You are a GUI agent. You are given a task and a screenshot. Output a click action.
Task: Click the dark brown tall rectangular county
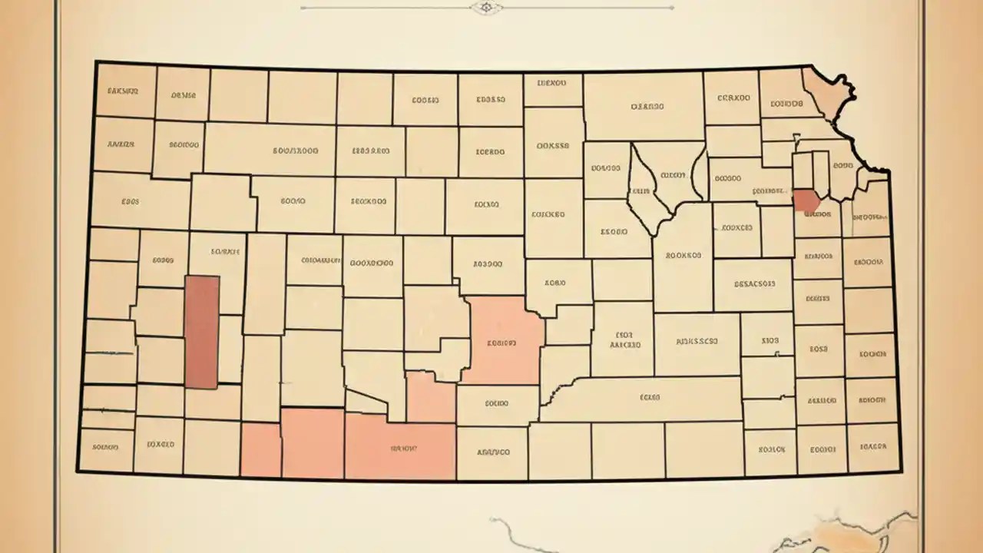(202, 332)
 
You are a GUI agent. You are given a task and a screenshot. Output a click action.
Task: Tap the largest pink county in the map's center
(503, 339)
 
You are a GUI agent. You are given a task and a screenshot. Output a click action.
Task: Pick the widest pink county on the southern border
(401, 450)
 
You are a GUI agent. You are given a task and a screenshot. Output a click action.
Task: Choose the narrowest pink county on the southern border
(261, 450)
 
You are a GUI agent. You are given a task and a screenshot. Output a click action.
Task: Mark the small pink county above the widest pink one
(430, 397)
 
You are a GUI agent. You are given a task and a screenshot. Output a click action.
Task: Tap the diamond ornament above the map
(485, 8)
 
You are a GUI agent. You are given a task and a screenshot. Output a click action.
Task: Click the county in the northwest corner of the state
(126, 91)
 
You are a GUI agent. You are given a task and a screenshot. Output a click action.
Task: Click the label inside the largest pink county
(501, 343)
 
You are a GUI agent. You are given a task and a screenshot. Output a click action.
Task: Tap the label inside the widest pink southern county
(403, 448)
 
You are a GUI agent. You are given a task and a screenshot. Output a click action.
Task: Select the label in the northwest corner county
(123, 91)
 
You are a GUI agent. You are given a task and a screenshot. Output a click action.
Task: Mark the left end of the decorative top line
(302, 8)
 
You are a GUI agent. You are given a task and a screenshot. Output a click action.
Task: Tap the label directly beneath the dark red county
(817, 215)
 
